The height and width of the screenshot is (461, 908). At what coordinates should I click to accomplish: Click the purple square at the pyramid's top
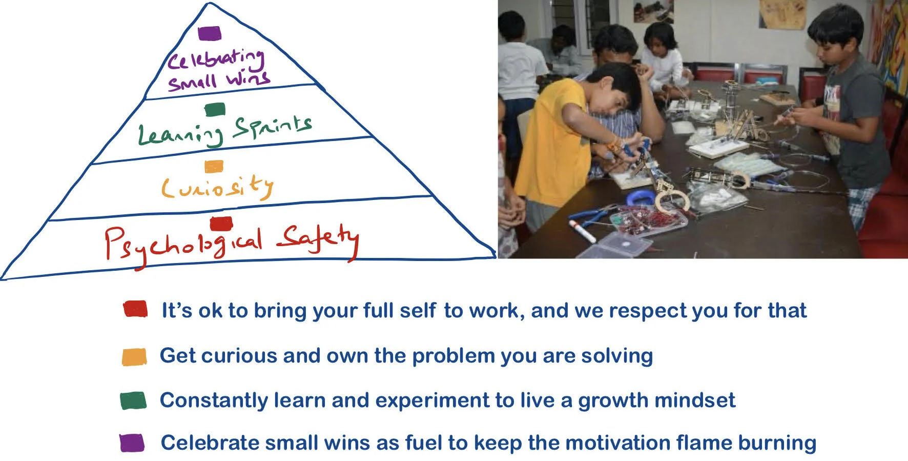(210, 34)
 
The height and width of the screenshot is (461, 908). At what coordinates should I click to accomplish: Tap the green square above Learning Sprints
(215, 109)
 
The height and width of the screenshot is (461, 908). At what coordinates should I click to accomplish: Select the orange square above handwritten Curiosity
(214, 166)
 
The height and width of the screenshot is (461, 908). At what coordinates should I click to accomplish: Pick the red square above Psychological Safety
(221, 224)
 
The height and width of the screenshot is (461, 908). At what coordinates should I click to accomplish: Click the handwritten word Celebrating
(216, 59)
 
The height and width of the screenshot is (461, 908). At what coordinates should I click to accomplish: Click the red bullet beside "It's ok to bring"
(135, 309)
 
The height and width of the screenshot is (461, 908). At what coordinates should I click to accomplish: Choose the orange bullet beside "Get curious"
(134, 357)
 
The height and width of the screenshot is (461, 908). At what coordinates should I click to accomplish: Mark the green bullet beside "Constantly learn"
(133, 400)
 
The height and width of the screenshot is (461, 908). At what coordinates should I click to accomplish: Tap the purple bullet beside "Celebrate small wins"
(132, 443)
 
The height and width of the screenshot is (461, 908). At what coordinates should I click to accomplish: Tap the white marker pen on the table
(583, 231)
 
